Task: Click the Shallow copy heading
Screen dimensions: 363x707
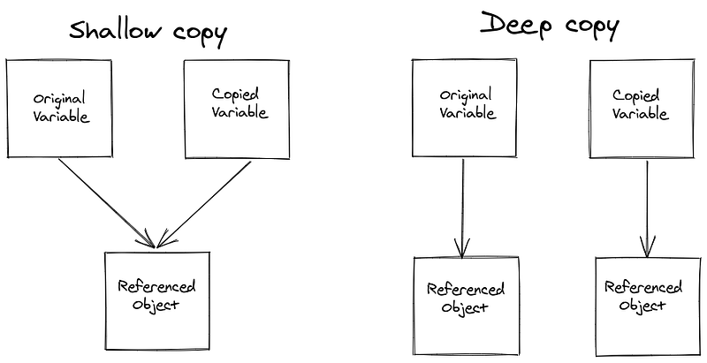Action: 148,34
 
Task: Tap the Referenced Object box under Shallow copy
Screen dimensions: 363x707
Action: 156,295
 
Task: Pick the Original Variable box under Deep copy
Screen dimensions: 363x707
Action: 464,109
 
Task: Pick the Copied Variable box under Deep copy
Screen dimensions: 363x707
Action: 640,108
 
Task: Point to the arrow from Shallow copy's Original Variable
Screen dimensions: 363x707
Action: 106,202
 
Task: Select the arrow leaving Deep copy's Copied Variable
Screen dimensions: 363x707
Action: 647,208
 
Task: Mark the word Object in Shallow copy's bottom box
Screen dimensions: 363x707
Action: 156,305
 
